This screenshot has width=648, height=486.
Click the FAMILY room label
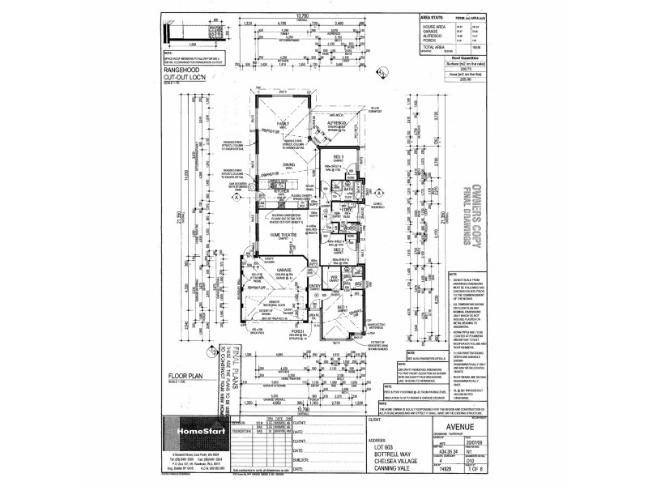pyautogui.click(x=283, y=123)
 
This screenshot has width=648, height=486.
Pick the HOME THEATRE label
pyautogui.click(x=286, y=235)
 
